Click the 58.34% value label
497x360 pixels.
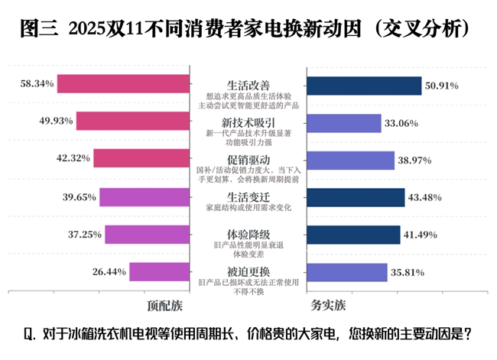(x=37, y=84)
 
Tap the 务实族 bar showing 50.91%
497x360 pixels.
(x=363, y=86)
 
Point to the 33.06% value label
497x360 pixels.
(x=401, y=122)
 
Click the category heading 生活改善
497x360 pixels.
(x=248, y=84)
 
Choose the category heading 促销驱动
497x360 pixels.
(x=248, y=158)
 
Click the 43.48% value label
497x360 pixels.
(x=425, y=197)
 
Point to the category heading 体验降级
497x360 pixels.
(x=248, y=233)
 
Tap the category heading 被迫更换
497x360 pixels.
(x=248, y=271)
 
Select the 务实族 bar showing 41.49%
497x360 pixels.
(x=352, y=234)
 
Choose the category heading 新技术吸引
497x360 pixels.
(x=248, y=122)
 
